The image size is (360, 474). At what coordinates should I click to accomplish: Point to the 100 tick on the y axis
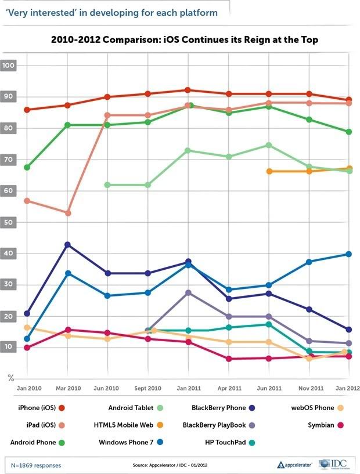coord(9,66)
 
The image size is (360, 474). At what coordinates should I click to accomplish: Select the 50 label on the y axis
coord(9,222)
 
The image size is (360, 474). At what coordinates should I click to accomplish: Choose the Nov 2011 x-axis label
coord(308,388)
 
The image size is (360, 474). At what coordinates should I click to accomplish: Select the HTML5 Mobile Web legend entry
coord(132,425)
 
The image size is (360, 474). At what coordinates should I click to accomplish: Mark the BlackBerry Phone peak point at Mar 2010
coord(68,245)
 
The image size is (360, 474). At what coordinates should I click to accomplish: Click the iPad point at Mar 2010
coord(68,214)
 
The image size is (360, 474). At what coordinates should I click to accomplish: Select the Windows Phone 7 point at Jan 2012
coord(348,254)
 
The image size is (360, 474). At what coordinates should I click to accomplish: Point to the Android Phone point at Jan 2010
coord(27,167)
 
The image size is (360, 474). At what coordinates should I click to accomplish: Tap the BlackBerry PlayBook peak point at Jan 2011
coord(188,293)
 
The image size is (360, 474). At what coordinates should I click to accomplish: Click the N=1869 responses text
coord(36,465)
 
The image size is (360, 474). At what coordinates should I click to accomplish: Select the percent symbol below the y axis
coord(10,378)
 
